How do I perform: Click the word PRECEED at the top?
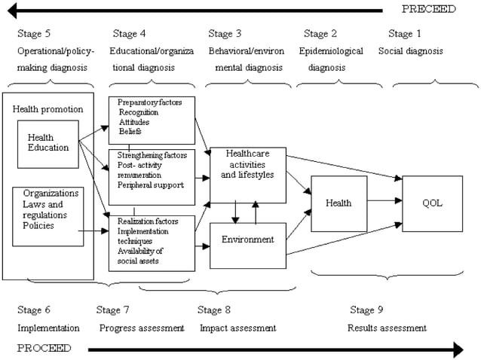coord(429,9)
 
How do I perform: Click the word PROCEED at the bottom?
coord(44,348)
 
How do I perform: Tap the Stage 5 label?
coord(34,33)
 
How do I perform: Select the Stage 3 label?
coord(225,33)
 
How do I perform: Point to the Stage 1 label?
coord(405,33)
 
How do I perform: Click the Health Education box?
coord(48,145)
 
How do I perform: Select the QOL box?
coord(432,203)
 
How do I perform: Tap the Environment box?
coord(248,246)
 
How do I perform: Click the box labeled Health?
coord(339,203)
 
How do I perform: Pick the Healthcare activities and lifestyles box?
coord(248,175)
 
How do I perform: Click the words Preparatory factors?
coord(150,102)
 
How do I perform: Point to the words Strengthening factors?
coord(152,155)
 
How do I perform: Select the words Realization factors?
coord(148,221)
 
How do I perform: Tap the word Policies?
coord(38,225)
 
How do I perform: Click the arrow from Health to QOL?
coord(384,201)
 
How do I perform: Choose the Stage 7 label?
coord(112,310)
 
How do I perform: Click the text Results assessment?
coord(387,328)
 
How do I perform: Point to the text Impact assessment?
coord(238,328)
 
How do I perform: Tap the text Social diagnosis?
coord(411,51)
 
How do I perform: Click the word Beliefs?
coord(130,131)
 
